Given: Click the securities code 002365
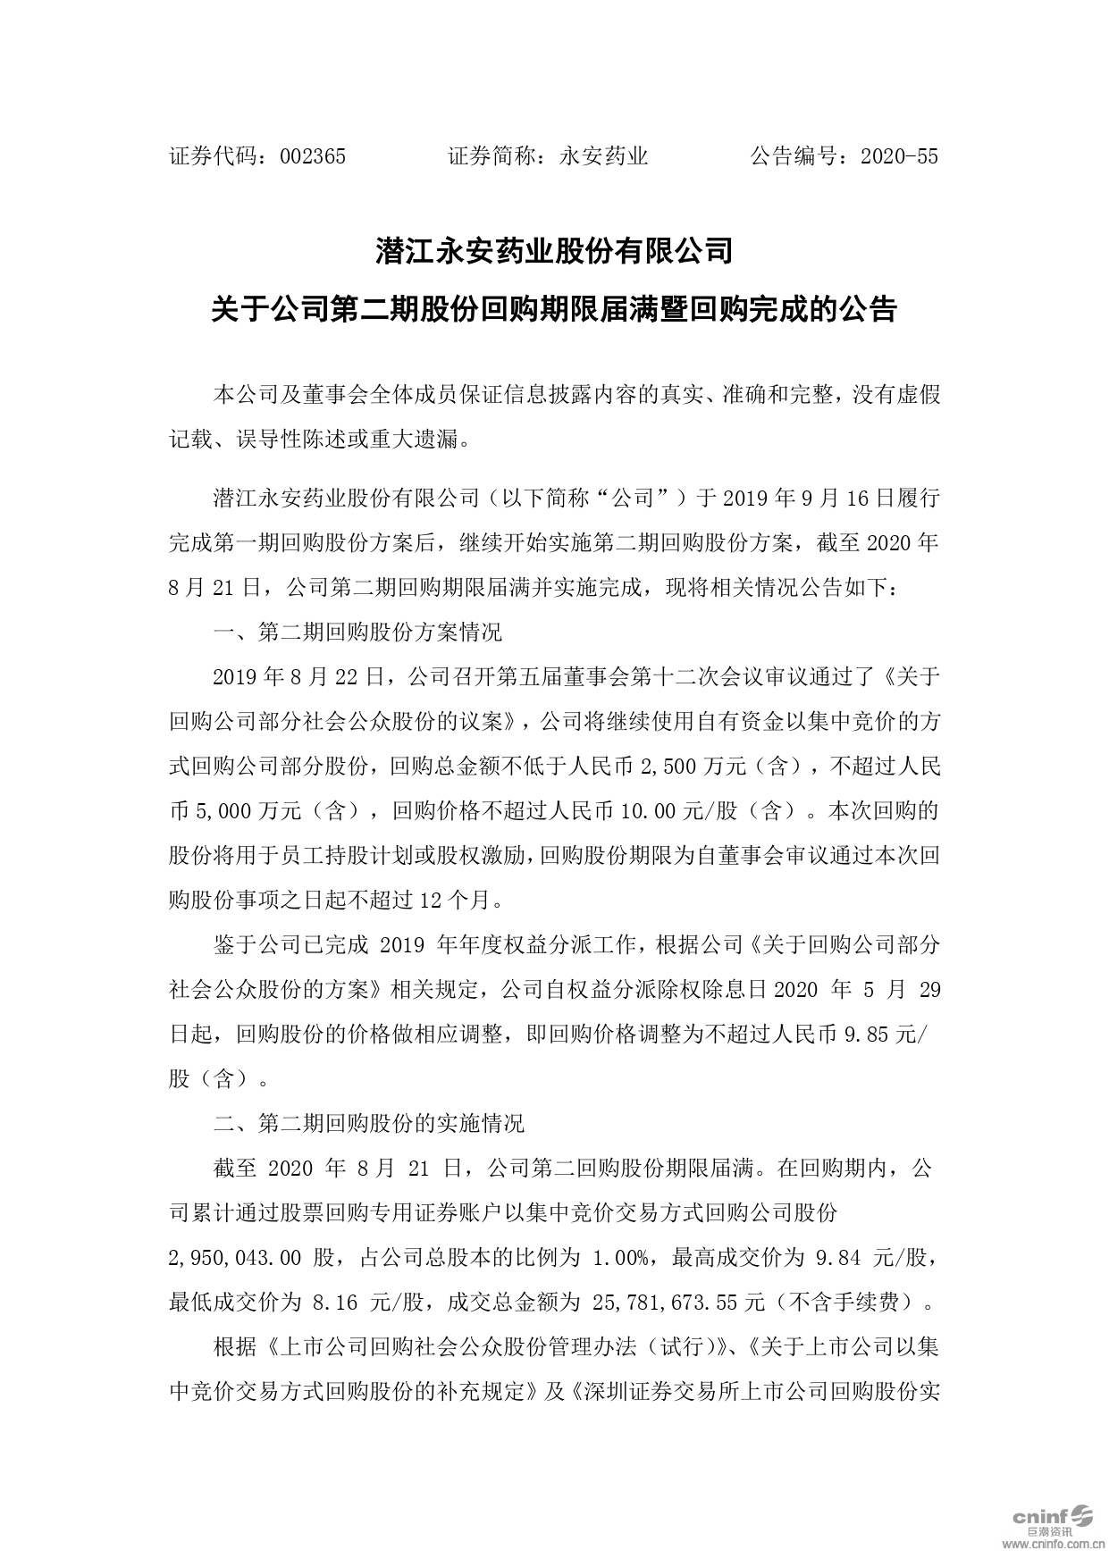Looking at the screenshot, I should pyautogui.click(x=313, y=157).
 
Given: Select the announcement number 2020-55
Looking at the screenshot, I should pyautogui.click(x=898, y=157).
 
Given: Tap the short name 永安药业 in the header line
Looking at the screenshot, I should pyautogui.click(x=603, y=157).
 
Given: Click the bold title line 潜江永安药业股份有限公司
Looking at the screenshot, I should pyautogui.click(x=554, y=251).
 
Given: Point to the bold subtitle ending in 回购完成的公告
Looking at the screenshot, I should pyautogui.click(x=554, y=310).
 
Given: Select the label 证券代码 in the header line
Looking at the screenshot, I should pyautogui.click(x=214, y=157).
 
